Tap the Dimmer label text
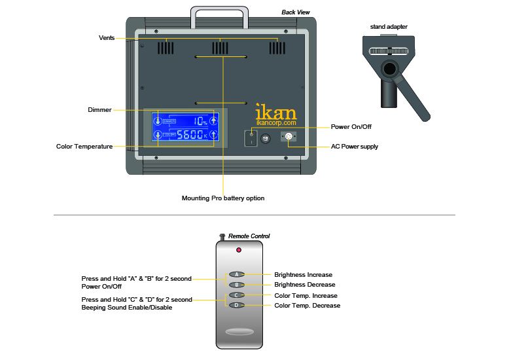pyautogui.click(x=99, y=109)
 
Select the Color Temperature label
pyautogui.click(x=84, y=146)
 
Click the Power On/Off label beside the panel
pyautogui.click(x=352, y=127)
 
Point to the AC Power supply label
pyautogui.click(x=355, y=147)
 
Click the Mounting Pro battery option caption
pyautogui.click(x=223, y=198)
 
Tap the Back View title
pyautogui.click(x=296, y=12)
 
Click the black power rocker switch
pyautogui.click(x=250, y=137)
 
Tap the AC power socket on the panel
pyautogui.click(x=288, y=136)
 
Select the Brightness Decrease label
pyautogui.click(x=304, y=285)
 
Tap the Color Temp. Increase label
pyautogui.click(x=306, y=295)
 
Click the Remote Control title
pyautogui.click(x=249, y=236)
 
